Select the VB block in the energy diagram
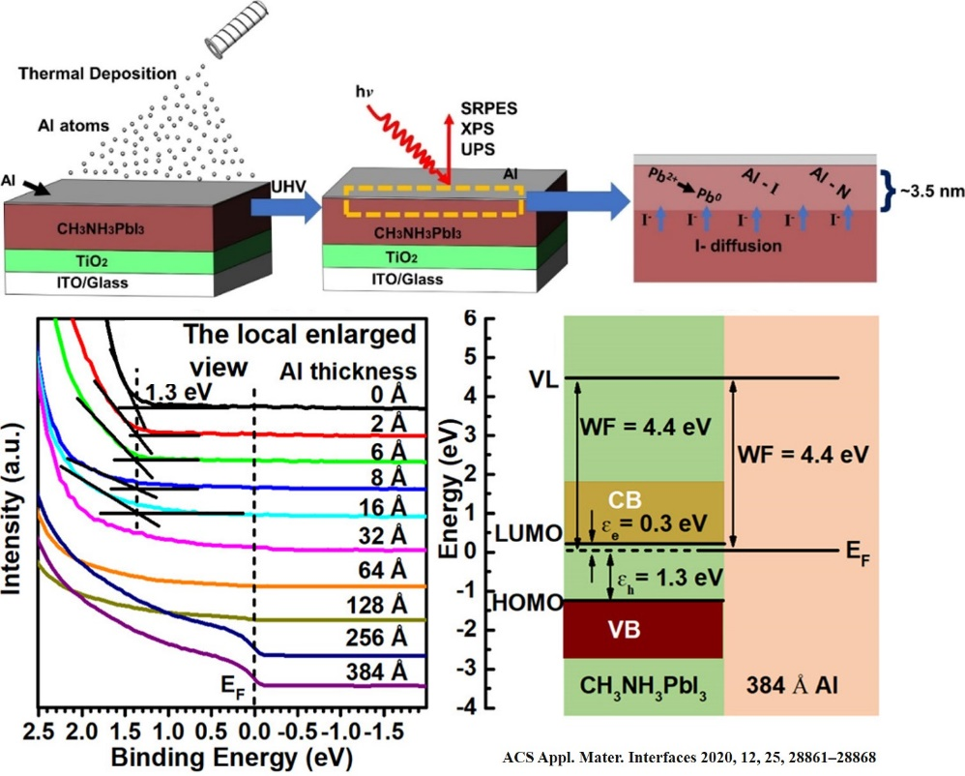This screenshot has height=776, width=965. click(x=642, y=630)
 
